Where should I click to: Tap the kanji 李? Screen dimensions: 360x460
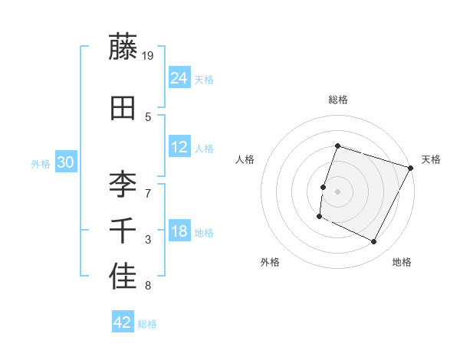pyautogui.click(x=123, y=183)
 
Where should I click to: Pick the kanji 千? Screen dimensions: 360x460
pyautogui.click(x=123, y=231)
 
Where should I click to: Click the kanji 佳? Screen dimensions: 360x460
pyautogui.click(x=123, y=277)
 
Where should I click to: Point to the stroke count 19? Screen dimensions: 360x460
pyautogui.click(x=149, y=55)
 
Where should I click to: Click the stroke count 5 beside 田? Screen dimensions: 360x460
pyautogui.click(x=148, y=116)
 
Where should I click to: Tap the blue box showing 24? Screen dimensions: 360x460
pyautogui.click(x=179, y=77)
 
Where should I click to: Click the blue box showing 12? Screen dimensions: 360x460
pyautogui.click(x=179, y=147)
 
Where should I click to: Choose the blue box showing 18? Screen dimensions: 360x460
pyautogui.click(x=179, y=231)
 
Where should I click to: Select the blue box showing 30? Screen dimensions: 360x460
pyautogui.click(x=65, y=162)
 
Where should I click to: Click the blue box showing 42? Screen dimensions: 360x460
pyautogui.click(x=123, y=322)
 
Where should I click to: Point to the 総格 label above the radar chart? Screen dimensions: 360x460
pyautogui.click(x=337, y=100)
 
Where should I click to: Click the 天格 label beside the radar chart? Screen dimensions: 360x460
pyautogui.click(x=431, y=159)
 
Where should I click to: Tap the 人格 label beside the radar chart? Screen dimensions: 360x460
pyautogui.click(x=245, y=159)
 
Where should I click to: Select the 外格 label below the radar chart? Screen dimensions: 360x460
pyautogui.click(x=270, y=262)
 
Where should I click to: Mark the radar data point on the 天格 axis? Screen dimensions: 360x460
pyautogui.click(x=411, y=168)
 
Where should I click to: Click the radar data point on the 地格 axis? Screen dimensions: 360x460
pyautogui.click(x=374, y=242)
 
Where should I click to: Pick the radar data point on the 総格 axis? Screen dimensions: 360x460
pyautogui.click(x=337, y=146)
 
